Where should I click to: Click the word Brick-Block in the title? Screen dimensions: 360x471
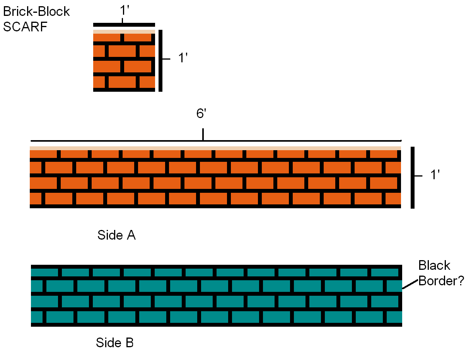(x=36, y=12)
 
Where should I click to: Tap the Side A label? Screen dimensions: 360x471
(x=116, y=235)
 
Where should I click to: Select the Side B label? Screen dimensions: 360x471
(x=114, y=343)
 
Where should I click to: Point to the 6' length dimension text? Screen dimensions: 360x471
(x=200, y=115)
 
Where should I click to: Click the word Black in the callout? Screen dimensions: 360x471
(x=434, y=266)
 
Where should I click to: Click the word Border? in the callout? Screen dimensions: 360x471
(x=441, y=281)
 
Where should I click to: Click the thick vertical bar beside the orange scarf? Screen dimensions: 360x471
(x=413, y=178)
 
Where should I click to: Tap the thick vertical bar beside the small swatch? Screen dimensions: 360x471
(x=160, y=61)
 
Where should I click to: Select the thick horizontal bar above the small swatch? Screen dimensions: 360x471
(x=124, y=25)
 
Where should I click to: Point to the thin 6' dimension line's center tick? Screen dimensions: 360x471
(x=203, y=135)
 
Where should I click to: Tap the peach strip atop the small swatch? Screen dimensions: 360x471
(x=124, y=31)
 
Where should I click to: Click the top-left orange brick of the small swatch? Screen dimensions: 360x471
(x=107, y=38)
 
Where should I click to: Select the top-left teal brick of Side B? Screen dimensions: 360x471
(x=44, y=272)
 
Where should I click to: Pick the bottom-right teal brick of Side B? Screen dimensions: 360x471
(x=394, y=317)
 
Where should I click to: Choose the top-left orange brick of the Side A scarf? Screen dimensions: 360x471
(x=43, y=154)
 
